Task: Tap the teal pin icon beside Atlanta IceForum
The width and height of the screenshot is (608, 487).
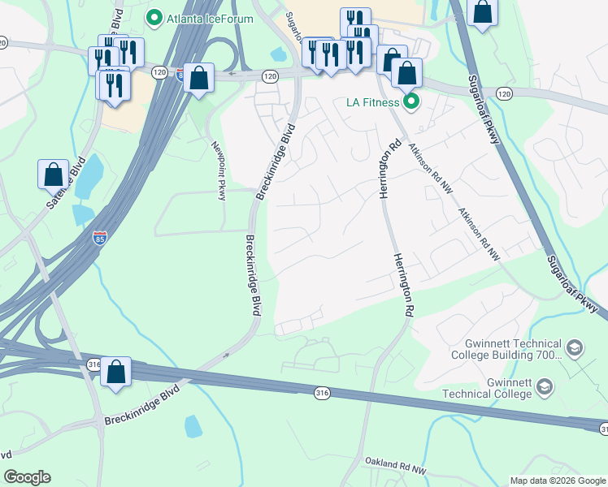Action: pos(153,17)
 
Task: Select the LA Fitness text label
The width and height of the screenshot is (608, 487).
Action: pos(371,101)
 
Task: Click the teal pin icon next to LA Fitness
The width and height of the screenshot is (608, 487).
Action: pos(411,101)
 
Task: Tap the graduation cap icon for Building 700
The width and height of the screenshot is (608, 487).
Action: pos(575,348)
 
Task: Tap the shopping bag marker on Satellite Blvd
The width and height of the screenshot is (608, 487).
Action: pos(53,174)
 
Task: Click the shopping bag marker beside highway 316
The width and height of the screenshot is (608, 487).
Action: pos(116,372)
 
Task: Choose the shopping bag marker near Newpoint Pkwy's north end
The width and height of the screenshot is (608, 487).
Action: pos(198,78)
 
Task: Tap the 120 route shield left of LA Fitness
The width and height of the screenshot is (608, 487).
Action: pos(271,75)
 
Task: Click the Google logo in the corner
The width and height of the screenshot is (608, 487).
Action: pos(27,477)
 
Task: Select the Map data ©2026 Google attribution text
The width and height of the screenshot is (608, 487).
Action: pos(557,481)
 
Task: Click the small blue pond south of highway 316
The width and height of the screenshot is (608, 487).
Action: pos(193,425)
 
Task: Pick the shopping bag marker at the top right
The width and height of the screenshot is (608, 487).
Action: pos(483,13)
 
